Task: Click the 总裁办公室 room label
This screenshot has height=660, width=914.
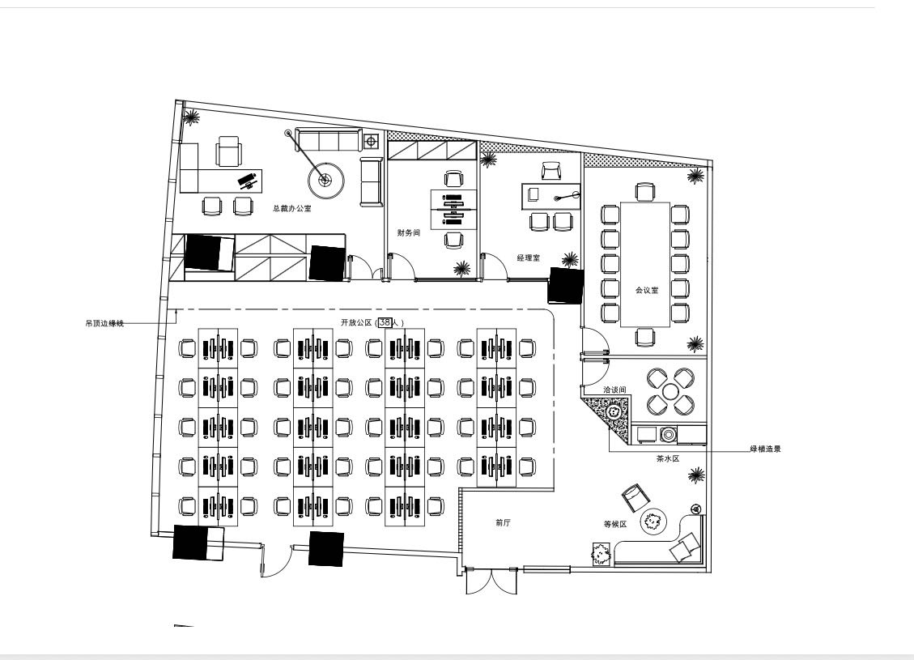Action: pyautogui.click(x=291, y=208)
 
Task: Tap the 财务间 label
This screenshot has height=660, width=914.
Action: pyautogui.click(x=409, y=232)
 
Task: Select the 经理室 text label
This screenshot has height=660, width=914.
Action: pyautogui.click(x=528, y=258)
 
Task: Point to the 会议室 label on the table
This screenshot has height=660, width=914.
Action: pyautogui.click(x=647, y=290)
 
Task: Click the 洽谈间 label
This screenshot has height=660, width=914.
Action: pyautogui.click(x=614, y=390)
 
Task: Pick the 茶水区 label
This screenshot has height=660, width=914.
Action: pyautogui.click(x=668, y=458)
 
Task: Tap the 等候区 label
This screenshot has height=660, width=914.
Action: pyautogui.click(x=615, y=524)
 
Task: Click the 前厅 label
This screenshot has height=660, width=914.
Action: pyautogui.click(x=503, y=523)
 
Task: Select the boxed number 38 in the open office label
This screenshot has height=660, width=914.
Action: pyautogui.click(x=385, y=321)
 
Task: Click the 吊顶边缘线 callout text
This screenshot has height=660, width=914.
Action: pyautogui.click(x=105, y=323)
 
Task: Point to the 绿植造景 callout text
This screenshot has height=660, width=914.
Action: pyautogui.click(x=765, y=449)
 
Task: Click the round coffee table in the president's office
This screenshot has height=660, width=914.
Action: pyautogui.click(x=325, y=181)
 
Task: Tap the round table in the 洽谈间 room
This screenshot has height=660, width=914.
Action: pyautogui.click(x=670, y=391)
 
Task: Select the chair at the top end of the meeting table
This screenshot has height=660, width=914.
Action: pyautogui.click(x=645, y=192)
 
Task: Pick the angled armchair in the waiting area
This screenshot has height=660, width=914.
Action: pyautogui.click(x=635, y=496)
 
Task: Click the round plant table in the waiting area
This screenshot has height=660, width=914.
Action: pyautogui.click(x=654, y=522)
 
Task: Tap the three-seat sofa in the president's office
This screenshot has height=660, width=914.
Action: pyautogui.click(x=326, y=140)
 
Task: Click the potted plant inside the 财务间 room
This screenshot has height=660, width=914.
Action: pyautogui.click(x=462, y=268)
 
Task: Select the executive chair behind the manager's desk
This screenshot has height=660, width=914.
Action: pyautogui.click(x=551, y=171)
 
